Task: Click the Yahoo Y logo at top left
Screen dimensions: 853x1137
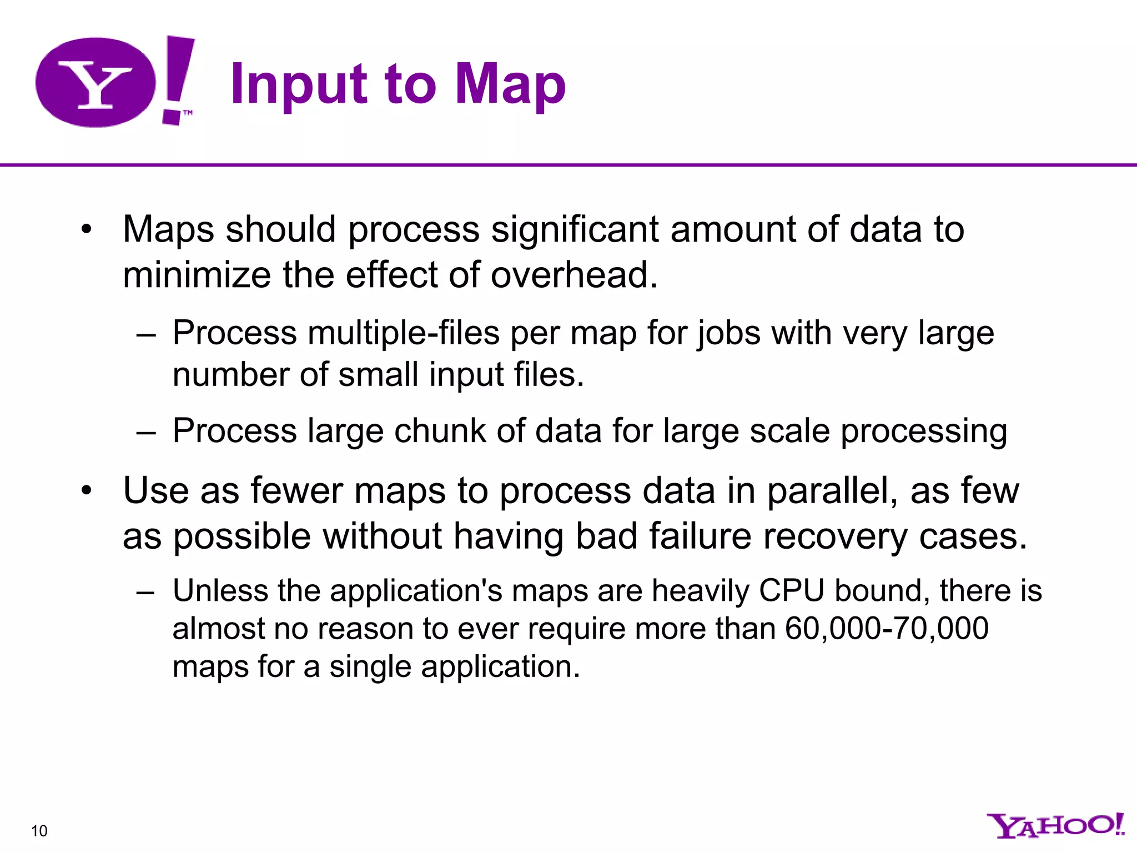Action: coord(95,82)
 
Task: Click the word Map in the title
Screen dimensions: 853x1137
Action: coord(510,84)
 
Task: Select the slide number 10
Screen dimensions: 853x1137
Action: coord(39,831)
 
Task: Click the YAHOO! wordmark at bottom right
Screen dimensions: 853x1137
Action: coord(1055,826)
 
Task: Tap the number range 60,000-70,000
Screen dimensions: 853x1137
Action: coord(887,629)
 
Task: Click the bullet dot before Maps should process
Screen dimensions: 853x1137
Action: coord(85,229)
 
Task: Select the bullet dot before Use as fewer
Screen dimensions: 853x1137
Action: coord(85,491)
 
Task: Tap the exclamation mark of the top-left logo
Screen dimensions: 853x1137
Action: coord(177,79)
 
